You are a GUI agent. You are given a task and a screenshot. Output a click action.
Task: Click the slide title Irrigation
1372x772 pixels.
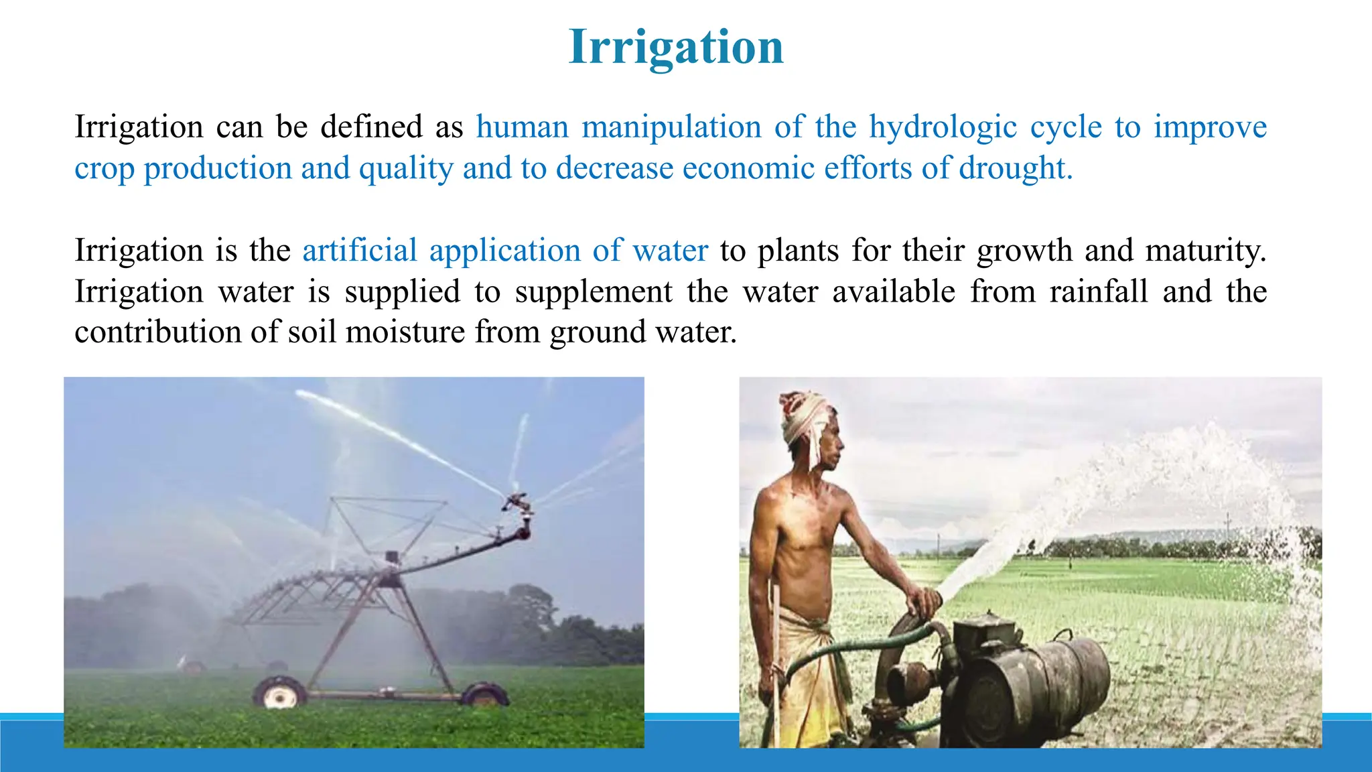click(676, 47)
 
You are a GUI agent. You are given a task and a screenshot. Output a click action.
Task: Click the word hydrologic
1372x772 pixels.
click(943, 127)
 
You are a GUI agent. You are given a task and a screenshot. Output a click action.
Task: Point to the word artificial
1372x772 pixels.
click(360, 251)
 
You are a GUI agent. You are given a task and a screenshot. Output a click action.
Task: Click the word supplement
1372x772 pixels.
click(594, 292)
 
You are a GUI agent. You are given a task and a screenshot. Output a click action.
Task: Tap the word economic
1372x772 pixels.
click(748, 168)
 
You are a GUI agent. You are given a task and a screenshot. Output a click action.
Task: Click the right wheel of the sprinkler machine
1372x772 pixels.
click(484, 695)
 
